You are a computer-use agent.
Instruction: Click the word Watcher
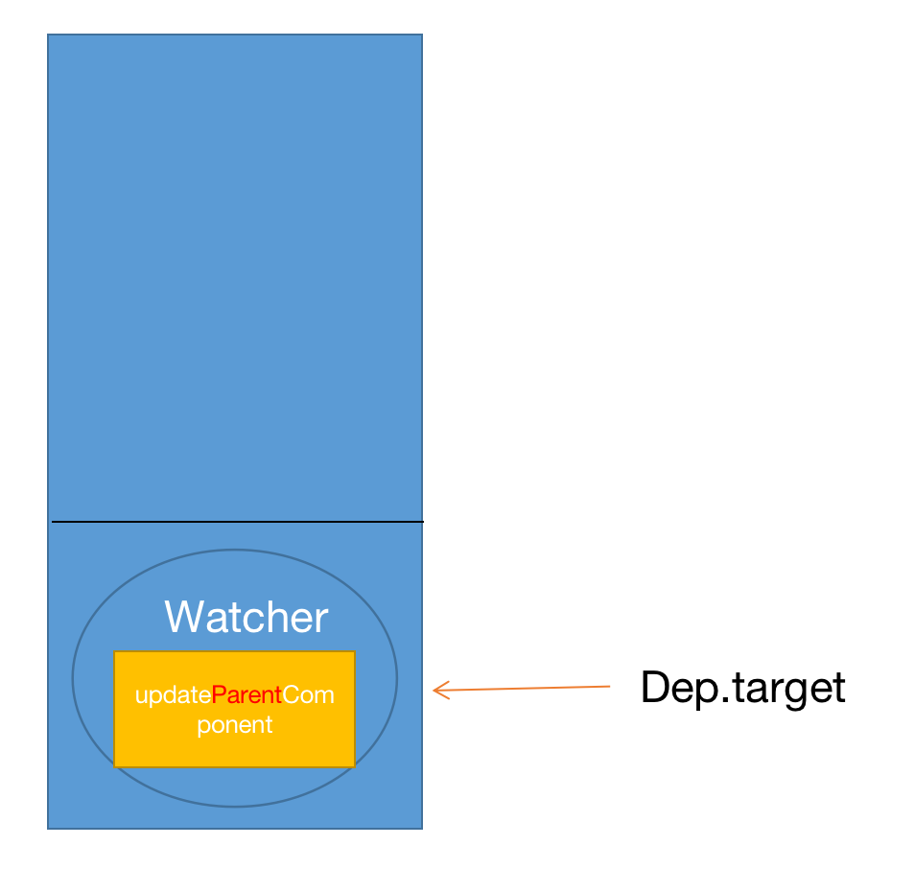pos(246,617)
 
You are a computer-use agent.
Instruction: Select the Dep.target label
pos(742,687)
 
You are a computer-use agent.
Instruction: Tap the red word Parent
pos(246,695)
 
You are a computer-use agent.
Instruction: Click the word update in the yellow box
pos(173,695)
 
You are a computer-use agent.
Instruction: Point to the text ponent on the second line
pos(235,725)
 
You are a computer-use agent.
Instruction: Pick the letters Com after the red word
pos(308,695)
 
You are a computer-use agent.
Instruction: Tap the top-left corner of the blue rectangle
pos(48,35)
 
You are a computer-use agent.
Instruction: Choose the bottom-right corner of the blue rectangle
pos(421,828)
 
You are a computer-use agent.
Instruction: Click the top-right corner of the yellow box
pos(354,652)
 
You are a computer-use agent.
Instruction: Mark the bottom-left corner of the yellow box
pos(114,766)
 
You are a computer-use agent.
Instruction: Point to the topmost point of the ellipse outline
pos(235,550)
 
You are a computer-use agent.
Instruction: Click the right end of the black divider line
pos(422,522)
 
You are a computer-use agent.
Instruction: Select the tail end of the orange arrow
pos(609,686)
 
